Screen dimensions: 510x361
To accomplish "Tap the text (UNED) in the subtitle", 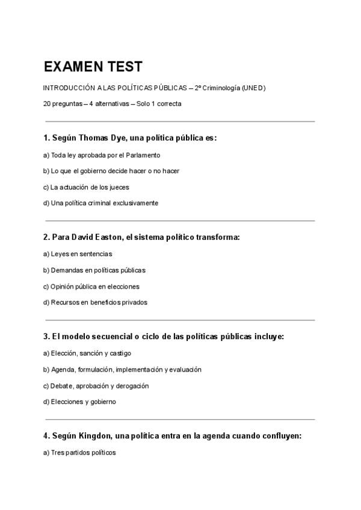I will point(253,88).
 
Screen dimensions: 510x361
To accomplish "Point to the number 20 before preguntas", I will point(47,103).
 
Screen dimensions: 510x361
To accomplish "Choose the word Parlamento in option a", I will point(143,155).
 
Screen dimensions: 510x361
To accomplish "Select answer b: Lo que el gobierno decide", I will point(111,171).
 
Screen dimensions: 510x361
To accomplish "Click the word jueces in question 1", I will point(119,187).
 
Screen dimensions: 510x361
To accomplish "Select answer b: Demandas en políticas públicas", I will point(94,270).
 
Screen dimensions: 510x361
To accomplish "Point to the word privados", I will point(134,302).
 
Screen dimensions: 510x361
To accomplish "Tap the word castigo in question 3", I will point(120,353).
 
